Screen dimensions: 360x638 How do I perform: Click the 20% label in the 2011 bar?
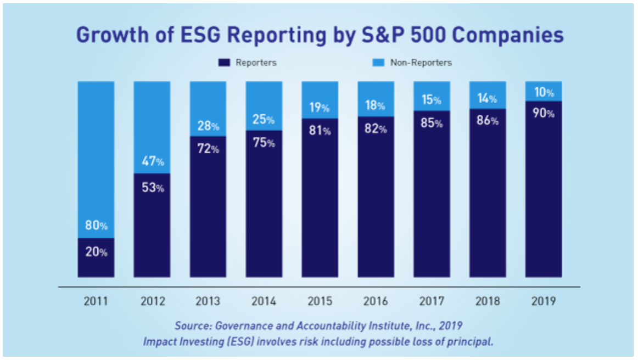click(96, 252)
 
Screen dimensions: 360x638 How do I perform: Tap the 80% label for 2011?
click(96, 226)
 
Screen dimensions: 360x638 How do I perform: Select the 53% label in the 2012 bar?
click(152, 187)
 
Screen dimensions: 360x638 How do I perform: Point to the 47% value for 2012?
click(152, 161)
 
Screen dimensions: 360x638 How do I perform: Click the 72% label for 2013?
click(208, 149)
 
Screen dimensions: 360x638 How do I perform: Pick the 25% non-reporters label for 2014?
click(264, 119)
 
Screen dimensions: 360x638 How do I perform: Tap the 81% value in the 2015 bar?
click(320, 131)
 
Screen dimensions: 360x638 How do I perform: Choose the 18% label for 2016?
click(376, 105)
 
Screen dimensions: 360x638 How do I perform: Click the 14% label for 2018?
click(488, 99)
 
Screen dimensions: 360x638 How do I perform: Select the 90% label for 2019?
click(544, 114)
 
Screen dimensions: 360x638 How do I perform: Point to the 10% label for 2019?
click(544, 93)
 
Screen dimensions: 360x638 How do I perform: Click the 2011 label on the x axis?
click(96, 301)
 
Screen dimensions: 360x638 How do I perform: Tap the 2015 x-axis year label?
click(320, 301)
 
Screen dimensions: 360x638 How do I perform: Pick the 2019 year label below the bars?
click(544, 301)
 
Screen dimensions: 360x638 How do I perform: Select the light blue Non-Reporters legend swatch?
click(379, 63)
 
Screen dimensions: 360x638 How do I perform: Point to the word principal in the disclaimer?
click(474, 341)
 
